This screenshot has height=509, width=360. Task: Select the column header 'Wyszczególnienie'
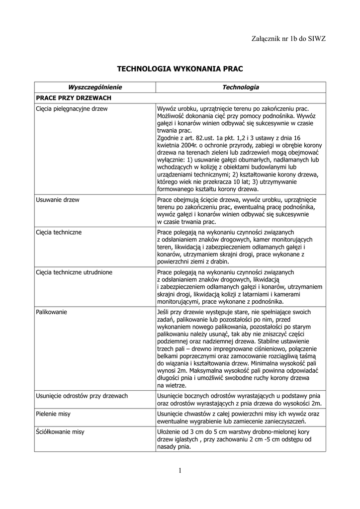[95, 87]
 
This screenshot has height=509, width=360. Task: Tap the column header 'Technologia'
[241, 87]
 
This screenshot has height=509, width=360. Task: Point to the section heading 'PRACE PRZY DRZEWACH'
[73, 98]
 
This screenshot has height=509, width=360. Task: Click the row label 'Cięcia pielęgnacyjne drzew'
[72, 108]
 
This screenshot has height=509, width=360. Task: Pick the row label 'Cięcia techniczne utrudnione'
[74, 272]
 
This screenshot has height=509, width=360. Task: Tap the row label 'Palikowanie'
[52, 312]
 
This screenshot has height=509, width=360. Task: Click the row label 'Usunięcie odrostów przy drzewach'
[82, 396]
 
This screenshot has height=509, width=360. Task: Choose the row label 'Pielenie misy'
[53, 414]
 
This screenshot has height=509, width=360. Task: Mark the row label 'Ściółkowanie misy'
[60, 432]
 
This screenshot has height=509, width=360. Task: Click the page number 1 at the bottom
[180, 471]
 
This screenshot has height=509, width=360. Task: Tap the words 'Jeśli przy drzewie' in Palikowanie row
[180, 312]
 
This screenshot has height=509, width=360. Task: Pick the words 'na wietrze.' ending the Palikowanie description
[172, 385]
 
